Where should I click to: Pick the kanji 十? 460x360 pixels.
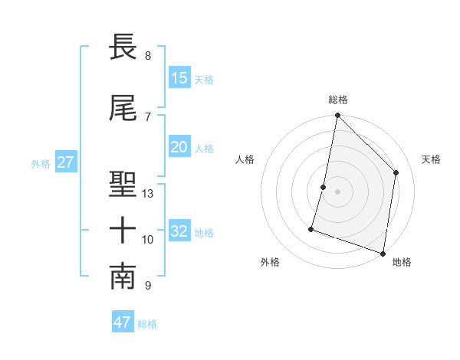(123, 230)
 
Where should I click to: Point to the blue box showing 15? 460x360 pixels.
(179, 78)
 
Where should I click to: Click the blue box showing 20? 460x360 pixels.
(179, 147)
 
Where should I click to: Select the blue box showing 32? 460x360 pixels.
(179, 231)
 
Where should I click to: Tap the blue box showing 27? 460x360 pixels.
(65, 162)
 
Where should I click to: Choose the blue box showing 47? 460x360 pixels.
(123, 322)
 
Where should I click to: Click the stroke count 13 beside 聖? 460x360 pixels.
(148, 194)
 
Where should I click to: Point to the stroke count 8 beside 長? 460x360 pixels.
(147, 56)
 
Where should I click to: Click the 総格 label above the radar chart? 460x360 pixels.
(338, 100)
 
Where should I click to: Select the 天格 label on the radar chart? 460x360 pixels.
(431, 159)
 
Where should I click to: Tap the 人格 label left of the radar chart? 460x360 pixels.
(245, 159)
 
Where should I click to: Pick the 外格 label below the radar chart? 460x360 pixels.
(270, 262)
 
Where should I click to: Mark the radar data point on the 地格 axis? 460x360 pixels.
(383, 253)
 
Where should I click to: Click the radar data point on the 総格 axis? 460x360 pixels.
(337, 116)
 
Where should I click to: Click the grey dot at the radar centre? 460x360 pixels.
(337, 191)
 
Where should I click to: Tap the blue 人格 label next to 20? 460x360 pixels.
(204, 148)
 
